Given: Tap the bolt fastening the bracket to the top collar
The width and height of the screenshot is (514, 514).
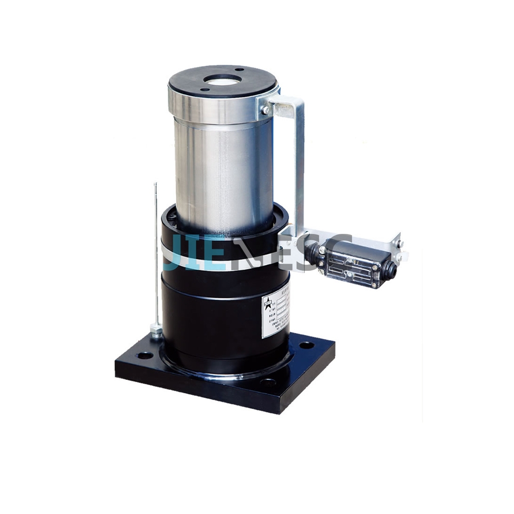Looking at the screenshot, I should (x=266, y=109).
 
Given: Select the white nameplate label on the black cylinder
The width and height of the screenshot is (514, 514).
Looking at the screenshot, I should (x=277, y=314).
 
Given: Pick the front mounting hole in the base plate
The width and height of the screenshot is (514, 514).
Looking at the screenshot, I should (x=268, y=382).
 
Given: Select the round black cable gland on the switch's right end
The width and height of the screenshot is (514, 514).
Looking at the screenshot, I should (x=392, y=269).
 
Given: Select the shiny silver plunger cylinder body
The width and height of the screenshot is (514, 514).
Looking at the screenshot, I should (x=224, y=164).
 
